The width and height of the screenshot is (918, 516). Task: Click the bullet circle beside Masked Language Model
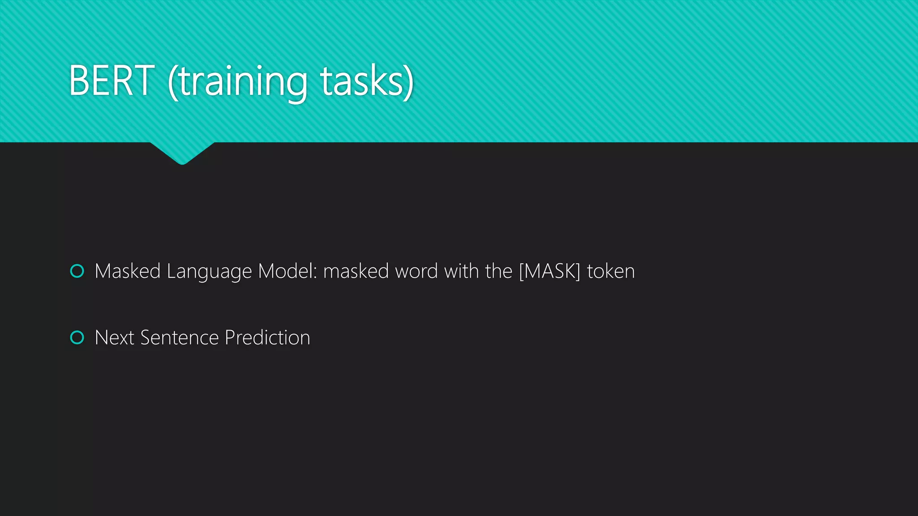(77, 271)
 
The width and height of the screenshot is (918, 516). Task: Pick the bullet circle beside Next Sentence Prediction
(77, 337)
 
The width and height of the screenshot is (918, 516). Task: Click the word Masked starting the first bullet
(128, 271)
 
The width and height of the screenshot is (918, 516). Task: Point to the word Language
(209, 272)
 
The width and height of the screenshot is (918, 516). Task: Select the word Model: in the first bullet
(287, 271)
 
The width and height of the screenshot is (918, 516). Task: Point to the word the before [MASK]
(498, 271)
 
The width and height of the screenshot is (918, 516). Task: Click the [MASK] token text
(550, 271)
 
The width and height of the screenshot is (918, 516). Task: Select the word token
(611, 271)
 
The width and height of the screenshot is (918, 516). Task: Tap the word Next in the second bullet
(114, 337)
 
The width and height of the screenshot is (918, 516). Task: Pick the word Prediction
(267, 337)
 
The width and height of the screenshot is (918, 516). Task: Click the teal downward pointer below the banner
(182, 154)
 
